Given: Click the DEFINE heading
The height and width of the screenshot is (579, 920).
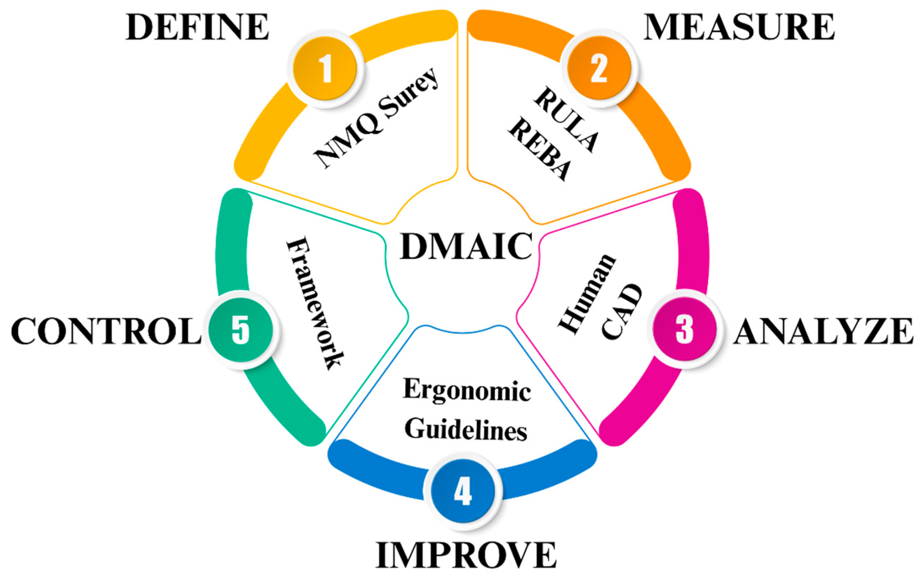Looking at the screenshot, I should [197, 27].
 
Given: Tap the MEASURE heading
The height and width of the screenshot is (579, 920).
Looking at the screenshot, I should [739, 27].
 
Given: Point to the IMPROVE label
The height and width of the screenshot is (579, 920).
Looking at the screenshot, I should [466, 555].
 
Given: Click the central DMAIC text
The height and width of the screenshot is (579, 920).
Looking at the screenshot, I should [466, 246].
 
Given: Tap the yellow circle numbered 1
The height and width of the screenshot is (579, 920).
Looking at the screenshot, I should [325, 69].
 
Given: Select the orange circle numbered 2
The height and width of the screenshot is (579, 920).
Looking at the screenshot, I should [599, 69].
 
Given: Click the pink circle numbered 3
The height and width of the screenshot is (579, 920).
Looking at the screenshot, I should [684, 329].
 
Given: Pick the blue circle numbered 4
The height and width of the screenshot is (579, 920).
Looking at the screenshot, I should [463, 491].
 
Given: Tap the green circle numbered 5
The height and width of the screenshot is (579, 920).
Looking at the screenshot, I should [241, 329].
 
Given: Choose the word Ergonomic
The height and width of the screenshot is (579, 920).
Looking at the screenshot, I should [467, 391].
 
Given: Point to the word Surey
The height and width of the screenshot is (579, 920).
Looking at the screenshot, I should [411, 94].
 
